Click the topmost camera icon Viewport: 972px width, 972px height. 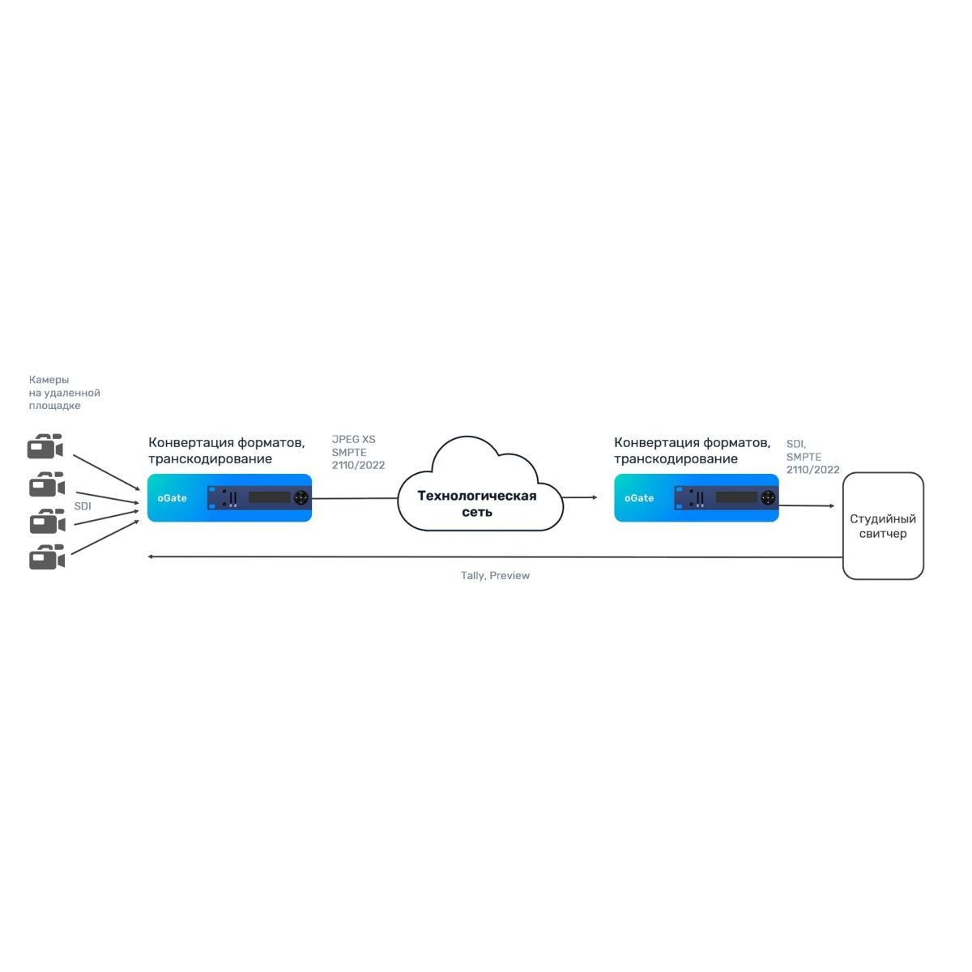pyautogui.click(x=45, y=447)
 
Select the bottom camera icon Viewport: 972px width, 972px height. pyautogui.click(x=46, y=558)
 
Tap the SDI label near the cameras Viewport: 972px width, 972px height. pyautogui.click(x=83, y=506)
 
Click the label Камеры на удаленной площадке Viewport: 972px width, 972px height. pyautogui.click(x=64, y=393)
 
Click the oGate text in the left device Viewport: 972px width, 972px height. pyautogui.click(x=173, y=498)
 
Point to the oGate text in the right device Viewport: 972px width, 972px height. pyautogui.click(x=639, y=498)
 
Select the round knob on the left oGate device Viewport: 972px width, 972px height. pyautogui.click(x=301, y=497)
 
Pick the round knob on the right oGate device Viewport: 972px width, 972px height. pyautogui.click(x=768, y=497)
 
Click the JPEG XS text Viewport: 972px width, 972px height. pyautogui.click(x=354, y=440)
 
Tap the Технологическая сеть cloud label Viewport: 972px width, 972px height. pyautogui.click(x=477, y=504)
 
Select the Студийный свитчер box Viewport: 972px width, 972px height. pyautogui.click(x=883, y=526)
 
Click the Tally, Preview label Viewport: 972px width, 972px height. pyautogui.click(x=495, y=576)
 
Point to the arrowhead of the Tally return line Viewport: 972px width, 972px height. pyautogui.click(x=151, y=557)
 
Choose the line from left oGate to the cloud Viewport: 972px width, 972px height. pyautogui.click(x=354, y=498)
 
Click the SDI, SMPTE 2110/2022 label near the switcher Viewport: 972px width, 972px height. pyautogui.click(x=812, y=457)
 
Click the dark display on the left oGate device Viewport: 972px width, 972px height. pyautogui.click(x=269, y=497)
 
